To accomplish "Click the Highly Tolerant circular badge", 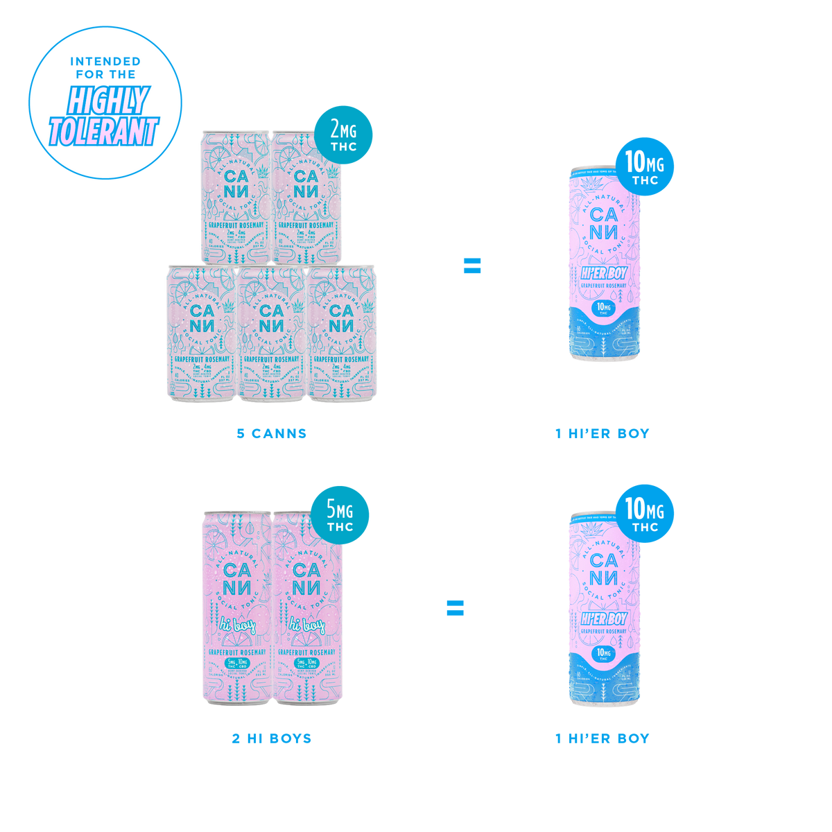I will (x=105, y=103).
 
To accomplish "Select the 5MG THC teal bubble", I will (x=340, y=514).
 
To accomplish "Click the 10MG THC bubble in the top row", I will (x=645, y=166).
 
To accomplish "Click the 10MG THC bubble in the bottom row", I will (x=645, y=513).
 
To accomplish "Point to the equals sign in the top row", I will (x=472, y=266).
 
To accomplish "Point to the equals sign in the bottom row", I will (x=455, y=608).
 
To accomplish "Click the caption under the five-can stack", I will (x=271, y=435).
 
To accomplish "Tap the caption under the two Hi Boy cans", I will (x=271, y=738).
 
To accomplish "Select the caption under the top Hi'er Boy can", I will (x=603, y=435).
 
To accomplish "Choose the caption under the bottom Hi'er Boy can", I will (x=603, y=738).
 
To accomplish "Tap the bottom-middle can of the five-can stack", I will (x=271, y=333).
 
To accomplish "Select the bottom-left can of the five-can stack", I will (x=200, y=333).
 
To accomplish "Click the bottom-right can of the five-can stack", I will (x=342, y=333).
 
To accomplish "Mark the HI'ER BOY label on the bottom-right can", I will (x=603, y=618).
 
